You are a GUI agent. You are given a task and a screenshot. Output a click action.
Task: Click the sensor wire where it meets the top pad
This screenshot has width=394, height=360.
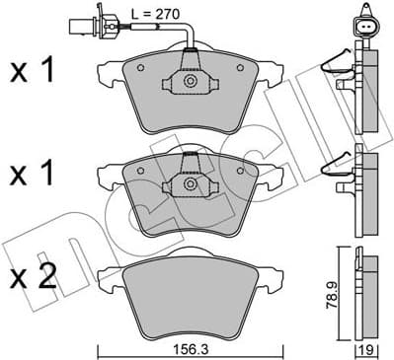[192, 49]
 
